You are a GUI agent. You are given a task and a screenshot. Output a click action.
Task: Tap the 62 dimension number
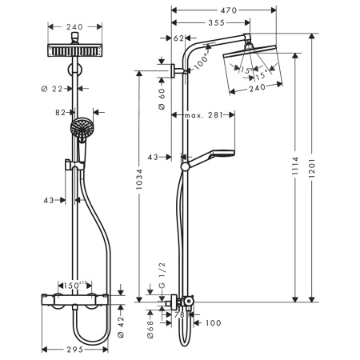tap(179, 38)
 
